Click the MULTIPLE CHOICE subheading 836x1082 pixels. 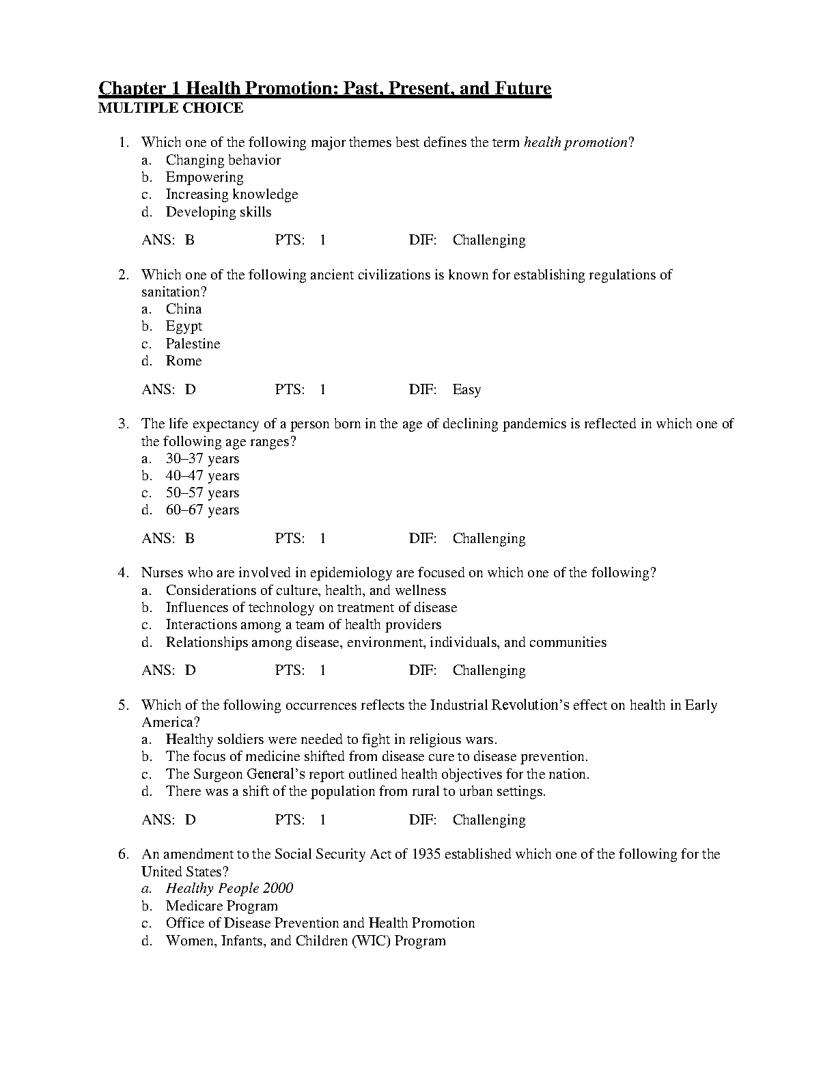pyautogui.click(x=171, y=108)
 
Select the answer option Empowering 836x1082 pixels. pyautogui.click(x=204, y=177)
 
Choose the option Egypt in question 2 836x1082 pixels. pyautogui.click(x=184, y=327)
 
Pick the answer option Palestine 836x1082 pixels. pyautogui.click(x=193, y=344)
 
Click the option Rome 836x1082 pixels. pyautogui.click(x=184, y=361)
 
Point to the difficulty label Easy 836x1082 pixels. pyautogui.click(x=466, y=390)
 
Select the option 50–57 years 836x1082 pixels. pyautogui.click(x=202, y=493)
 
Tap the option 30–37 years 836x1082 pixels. pyautogui.click(x=202, y=458)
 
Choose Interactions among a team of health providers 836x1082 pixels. pyautogui.click(x=303, y=624)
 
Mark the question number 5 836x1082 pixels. pyautogui.click(x=123, y=705)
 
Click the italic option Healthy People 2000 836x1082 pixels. pyautogui.click(x=229, y=888)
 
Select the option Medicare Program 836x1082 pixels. pyautogui.click(x=221, y=906)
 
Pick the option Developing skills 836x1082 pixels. pyautogui.click(x=218, y=212)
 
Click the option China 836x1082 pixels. pyautogui.click(x=184, y=309)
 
